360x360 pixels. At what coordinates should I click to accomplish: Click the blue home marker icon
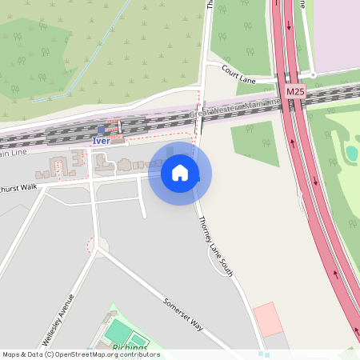180,173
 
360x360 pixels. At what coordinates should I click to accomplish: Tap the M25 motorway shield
294,92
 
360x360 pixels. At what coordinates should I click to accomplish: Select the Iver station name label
100,141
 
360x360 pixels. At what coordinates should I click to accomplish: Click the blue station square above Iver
100,130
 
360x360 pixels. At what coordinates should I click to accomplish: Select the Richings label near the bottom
130,348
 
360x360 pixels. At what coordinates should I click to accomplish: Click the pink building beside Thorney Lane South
268,318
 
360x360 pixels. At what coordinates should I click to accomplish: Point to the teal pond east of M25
352,152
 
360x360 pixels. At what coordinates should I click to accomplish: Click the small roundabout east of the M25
313,74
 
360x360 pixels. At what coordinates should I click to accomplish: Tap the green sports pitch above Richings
118,330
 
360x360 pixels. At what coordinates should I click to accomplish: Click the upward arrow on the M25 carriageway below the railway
291,146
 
